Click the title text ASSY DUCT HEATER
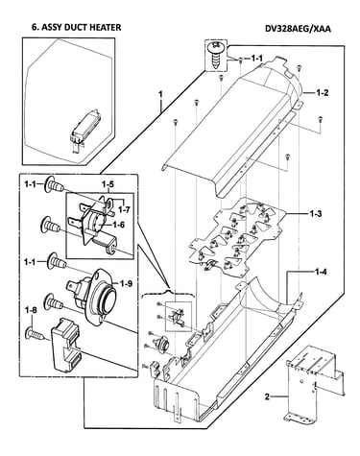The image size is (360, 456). (x=81, y=28)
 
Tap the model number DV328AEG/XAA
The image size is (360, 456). (x=298, y=29)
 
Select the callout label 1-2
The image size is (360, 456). (x=323, y=93)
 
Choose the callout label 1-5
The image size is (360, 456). (x=108, y=184)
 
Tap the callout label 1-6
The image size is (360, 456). (x=118, y=225)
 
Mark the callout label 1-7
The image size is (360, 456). (x=124, y=209)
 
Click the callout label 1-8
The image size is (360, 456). (x=32, y=310)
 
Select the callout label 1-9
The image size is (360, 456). (x=126, y=283)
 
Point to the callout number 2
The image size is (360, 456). (x=267, y=397)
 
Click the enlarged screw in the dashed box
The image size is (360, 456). (x=216, y=55)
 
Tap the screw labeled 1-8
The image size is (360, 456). (x=35, y=333)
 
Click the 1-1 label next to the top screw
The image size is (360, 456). (x=256, y=59)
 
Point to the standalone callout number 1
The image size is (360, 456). (x=160, y=95)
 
